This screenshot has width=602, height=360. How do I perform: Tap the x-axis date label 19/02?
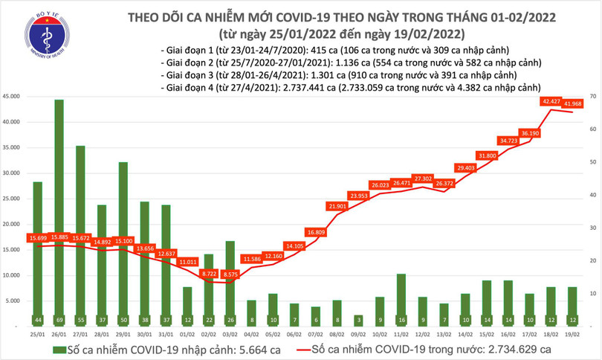pos(572,335)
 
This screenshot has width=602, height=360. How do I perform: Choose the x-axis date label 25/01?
pos(37,335)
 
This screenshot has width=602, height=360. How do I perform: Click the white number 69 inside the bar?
pos(59,320)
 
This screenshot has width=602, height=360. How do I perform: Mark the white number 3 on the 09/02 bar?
pos(357,320)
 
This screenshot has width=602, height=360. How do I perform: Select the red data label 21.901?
pos(337,205)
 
